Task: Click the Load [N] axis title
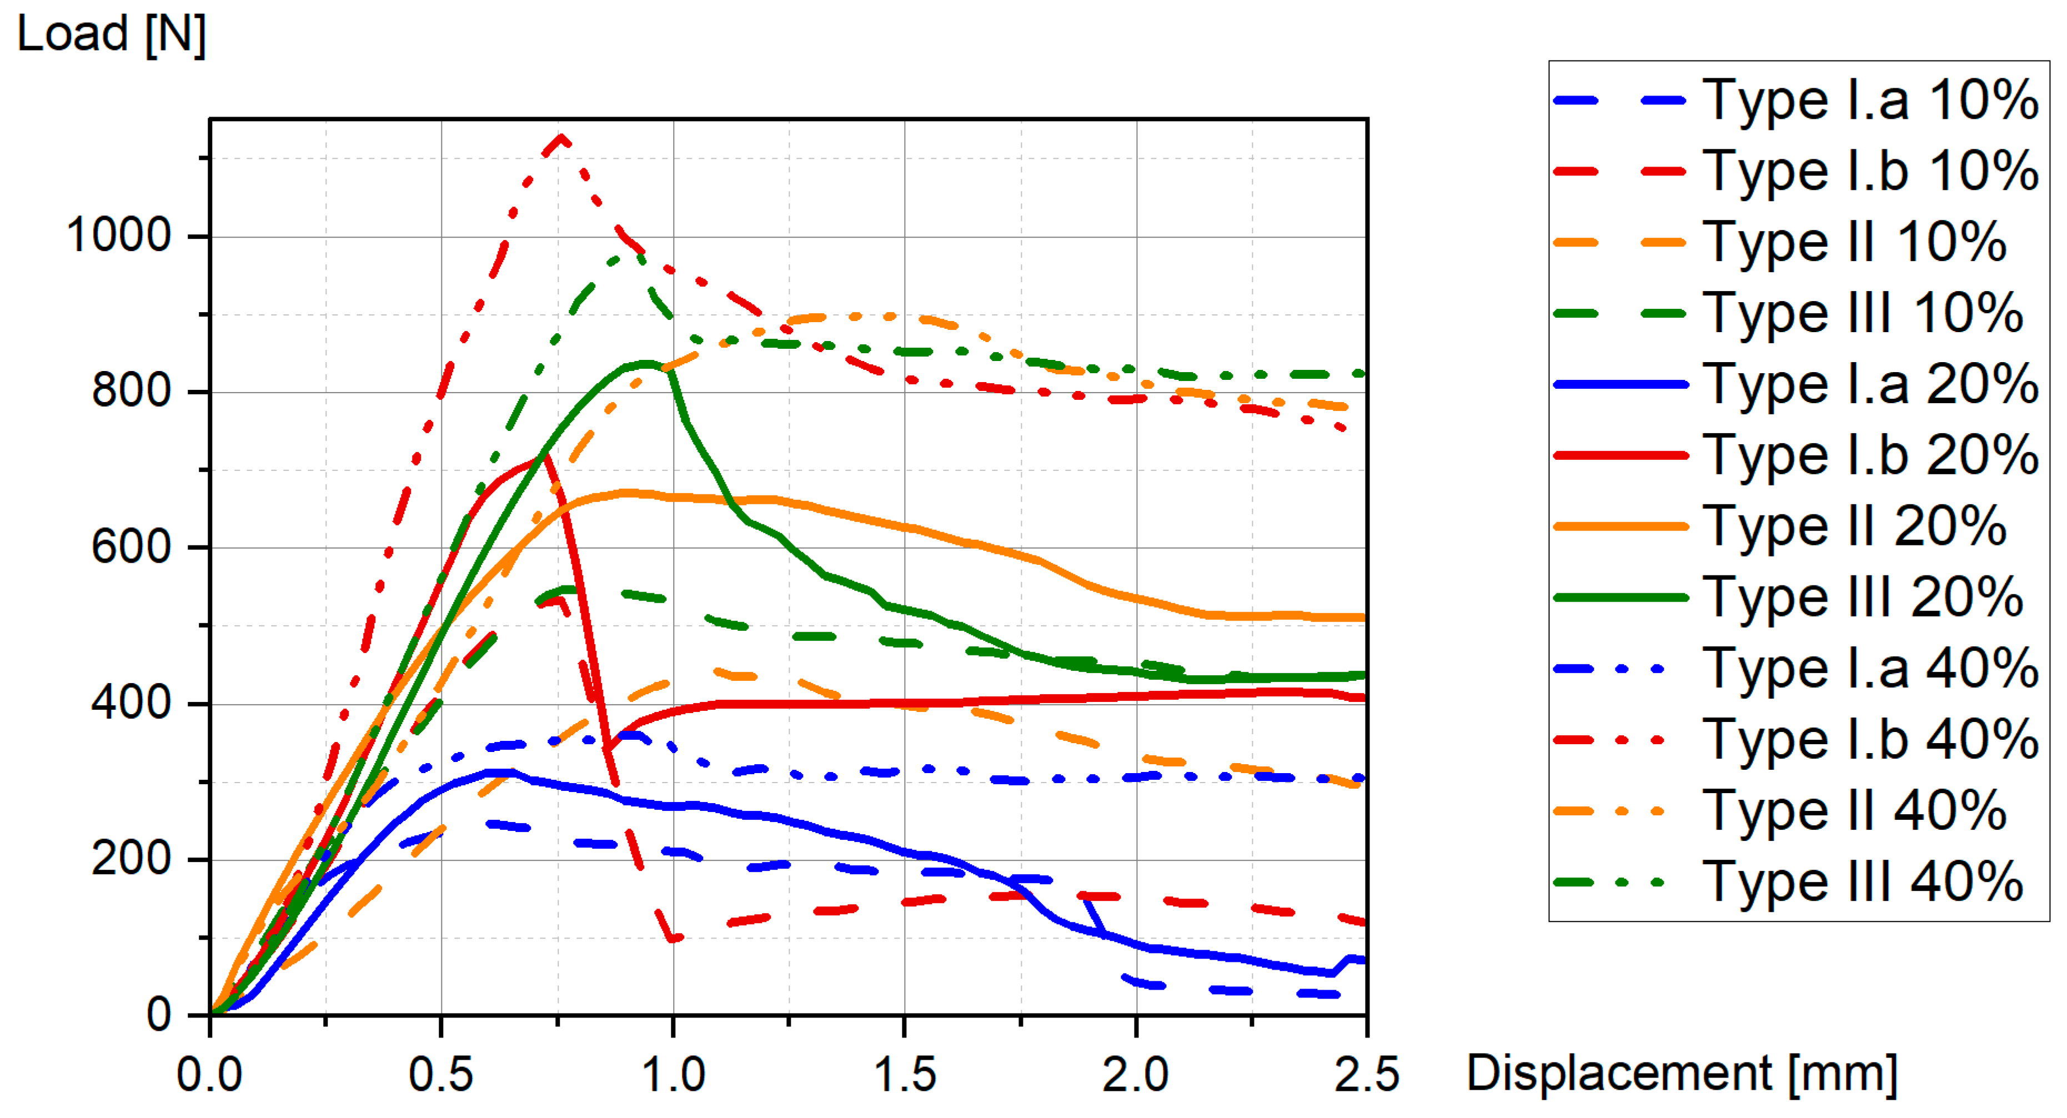[112, 34]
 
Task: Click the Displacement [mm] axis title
[1682, 1074]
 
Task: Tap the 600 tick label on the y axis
[131, 548]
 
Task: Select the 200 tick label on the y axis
[131, 859]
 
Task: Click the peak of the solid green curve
[647, 364]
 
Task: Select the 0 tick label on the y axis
[158, 1015]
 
